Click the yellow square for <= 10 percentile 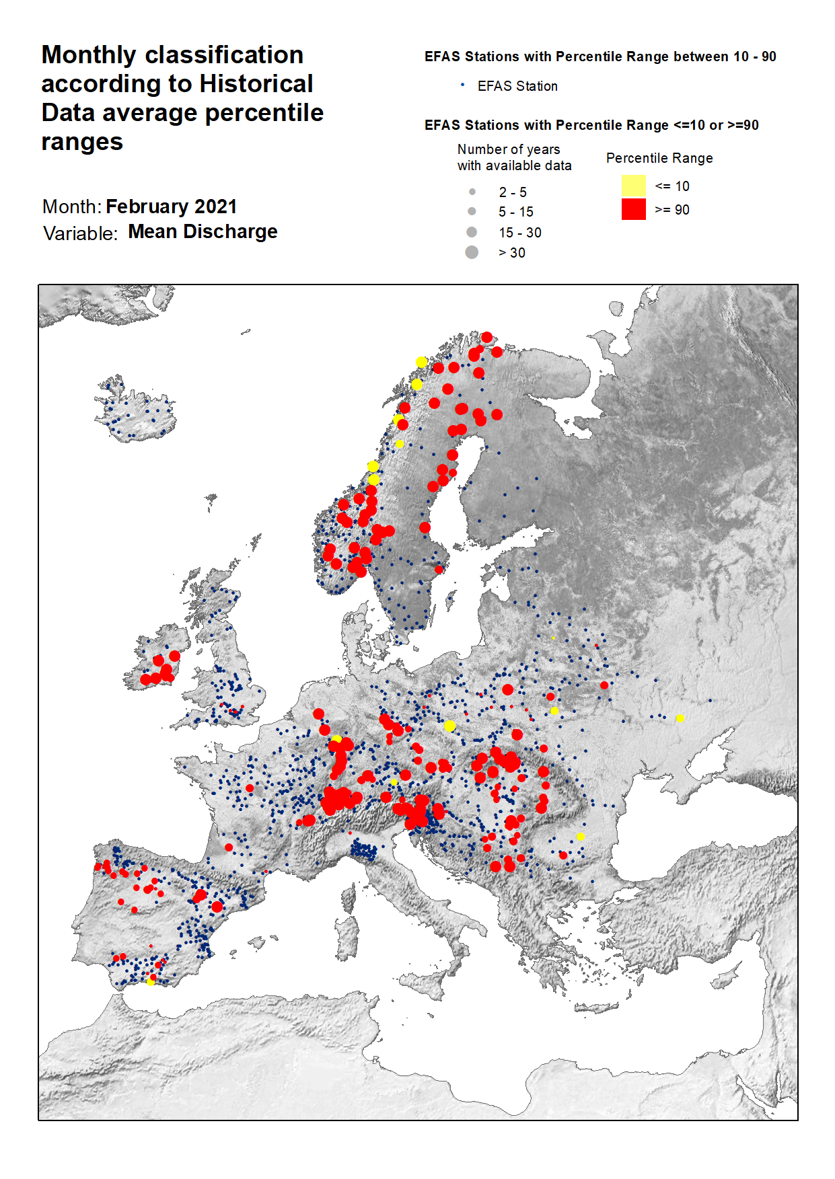click(633, 186)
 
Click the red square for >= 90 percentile click(633, 209)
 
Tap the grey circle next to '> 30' click(472, 252)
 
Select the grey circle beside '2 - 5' click(472, 192)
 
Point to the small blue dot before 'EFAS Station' click(462, 85)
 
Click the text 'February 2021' click(171, 206)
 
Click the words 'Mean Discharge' click(203, 231)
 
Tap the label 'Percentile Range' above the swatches click(659, 158)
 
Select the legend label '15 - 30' click(519, 233)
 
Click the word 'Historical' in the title click(256, 84)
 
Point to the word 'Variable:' click(80, 233)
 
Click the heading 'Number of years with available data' click(514, 157)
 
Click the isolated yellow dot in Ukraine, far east click(680, 718)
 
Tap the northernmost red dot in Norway click(486, 337)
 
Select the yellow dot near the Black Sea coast click(581, 837)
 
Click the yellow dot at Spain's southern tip click(151, 982)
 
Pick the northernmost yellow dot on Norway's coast click(421, 362)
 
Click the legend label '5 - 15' click(515, 212)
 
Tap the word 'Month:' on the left click(71, 206)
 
